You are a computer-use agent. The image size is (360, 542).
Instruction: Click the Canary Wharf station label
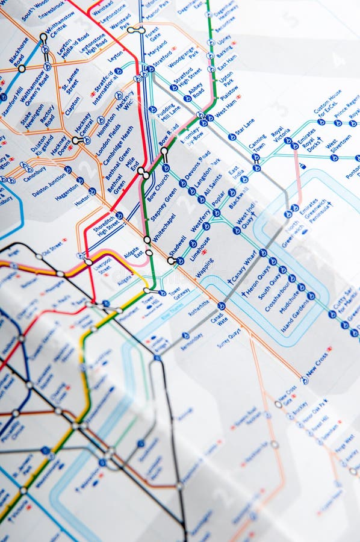click(244, 267)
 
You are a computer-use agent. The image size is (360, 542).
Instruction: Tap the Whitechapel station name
click(164, 228)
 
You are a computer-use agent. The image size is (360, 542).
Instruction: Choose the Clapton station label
click(72, 106)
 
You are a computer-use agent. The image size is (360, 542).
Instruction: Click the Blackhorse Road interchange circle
click(22, 69)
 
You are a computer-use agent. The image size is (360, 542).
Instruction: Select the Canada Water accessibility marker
click(222, 306)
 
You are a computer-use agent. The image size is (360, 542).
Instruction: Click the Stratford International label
click(105, 87)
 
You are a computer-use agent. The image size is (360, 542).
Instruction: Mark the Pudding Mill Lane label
click(169, 109)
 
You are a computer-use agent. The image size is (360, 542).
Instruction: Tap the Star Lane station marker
click(232, 137)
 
